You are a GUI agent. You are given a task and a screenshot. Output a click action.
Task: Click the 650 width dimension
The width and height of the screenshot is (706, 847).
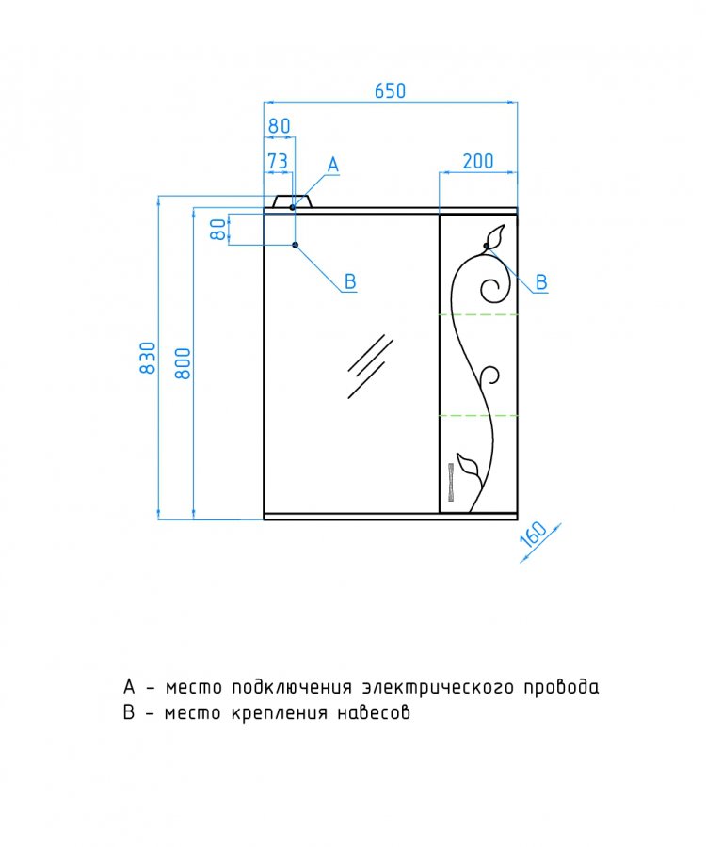[x=390, y=90]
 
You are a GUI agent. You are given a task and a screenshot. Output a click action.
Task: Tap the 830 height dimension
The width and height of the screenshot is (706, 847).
[x=148, y=357]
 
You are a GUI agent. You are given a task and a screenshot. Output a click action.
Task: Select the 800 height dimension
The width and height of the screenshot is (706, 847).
[x=184, y=363]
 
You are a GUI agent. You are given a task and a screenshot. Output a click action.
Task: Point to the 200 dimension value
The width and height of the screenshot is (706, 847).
[x=478, y=161]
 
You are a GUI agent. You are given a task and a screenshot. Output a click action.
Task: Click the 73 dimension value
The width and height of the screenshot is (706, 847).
[x=278, y=161]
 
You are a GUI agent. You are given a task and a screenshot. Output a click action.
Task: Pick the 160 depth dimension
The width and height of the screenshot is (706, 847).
[x=534, y=535]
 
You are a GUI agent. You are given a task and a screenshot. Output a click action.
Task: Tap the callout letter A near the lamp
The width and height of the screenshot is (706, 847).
[x=333, y=165]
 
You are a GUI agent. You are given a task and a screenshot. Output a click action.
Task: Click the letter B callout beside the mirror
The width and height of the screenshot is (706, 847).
[x=350, y=281]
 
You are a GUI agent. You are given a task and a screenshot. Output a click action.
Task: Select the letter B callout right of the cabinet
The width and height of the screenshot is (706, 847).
[x=541, y=282]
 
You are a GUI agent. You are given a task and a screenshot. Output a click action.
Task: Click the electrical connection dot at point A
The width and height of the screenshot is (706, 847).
[x=293, y=207]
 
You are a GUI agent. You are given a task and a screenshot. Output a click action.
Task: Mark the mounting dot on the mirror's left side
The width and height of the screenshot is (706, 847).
[x=295, y=245]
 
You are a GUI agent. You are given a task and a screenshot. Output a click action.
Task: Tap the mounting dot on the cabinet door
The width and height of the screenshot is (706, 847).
[x=486, y=246]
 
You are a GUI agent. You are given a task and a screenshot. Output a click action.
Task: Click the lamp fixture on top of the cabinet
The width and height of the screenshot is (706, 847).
[x=292, y=201]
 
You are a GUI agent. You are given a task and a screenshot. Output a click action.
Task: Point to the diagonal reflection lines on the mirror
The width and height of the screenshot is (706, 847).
[x=370, y=366]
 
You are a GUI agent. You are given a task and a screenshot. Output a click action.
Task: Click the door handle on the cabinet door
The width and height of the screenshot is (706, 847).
[x=451, y=483]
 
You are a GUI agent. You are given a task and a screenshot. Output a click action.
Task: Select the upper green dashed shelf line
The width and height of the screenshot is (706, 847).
[x=478, y=313]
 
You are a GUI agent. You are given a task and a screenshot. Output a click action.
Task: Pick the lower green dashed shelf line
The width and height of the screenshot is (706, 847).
[x=478, y=415]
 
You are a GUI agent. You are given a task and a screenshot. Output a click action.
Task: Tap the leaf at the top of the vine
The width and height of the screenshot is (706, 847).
[x=495, y=236]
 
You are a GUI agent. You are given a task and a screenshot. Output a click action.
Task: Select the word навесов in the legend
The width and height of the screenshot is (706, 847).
[x=374, y=713]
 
